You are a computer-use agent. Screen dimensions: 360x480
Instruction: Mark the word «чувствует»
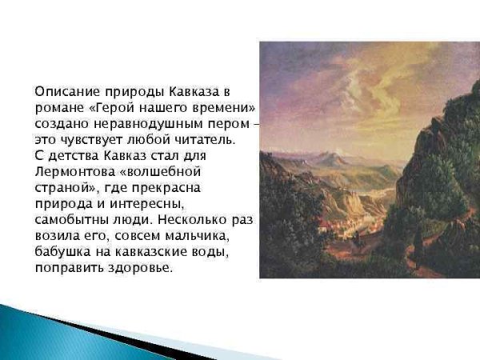point(90,139)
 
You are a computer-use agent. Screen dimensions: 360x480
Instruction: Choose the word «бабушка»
point(64,250)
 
